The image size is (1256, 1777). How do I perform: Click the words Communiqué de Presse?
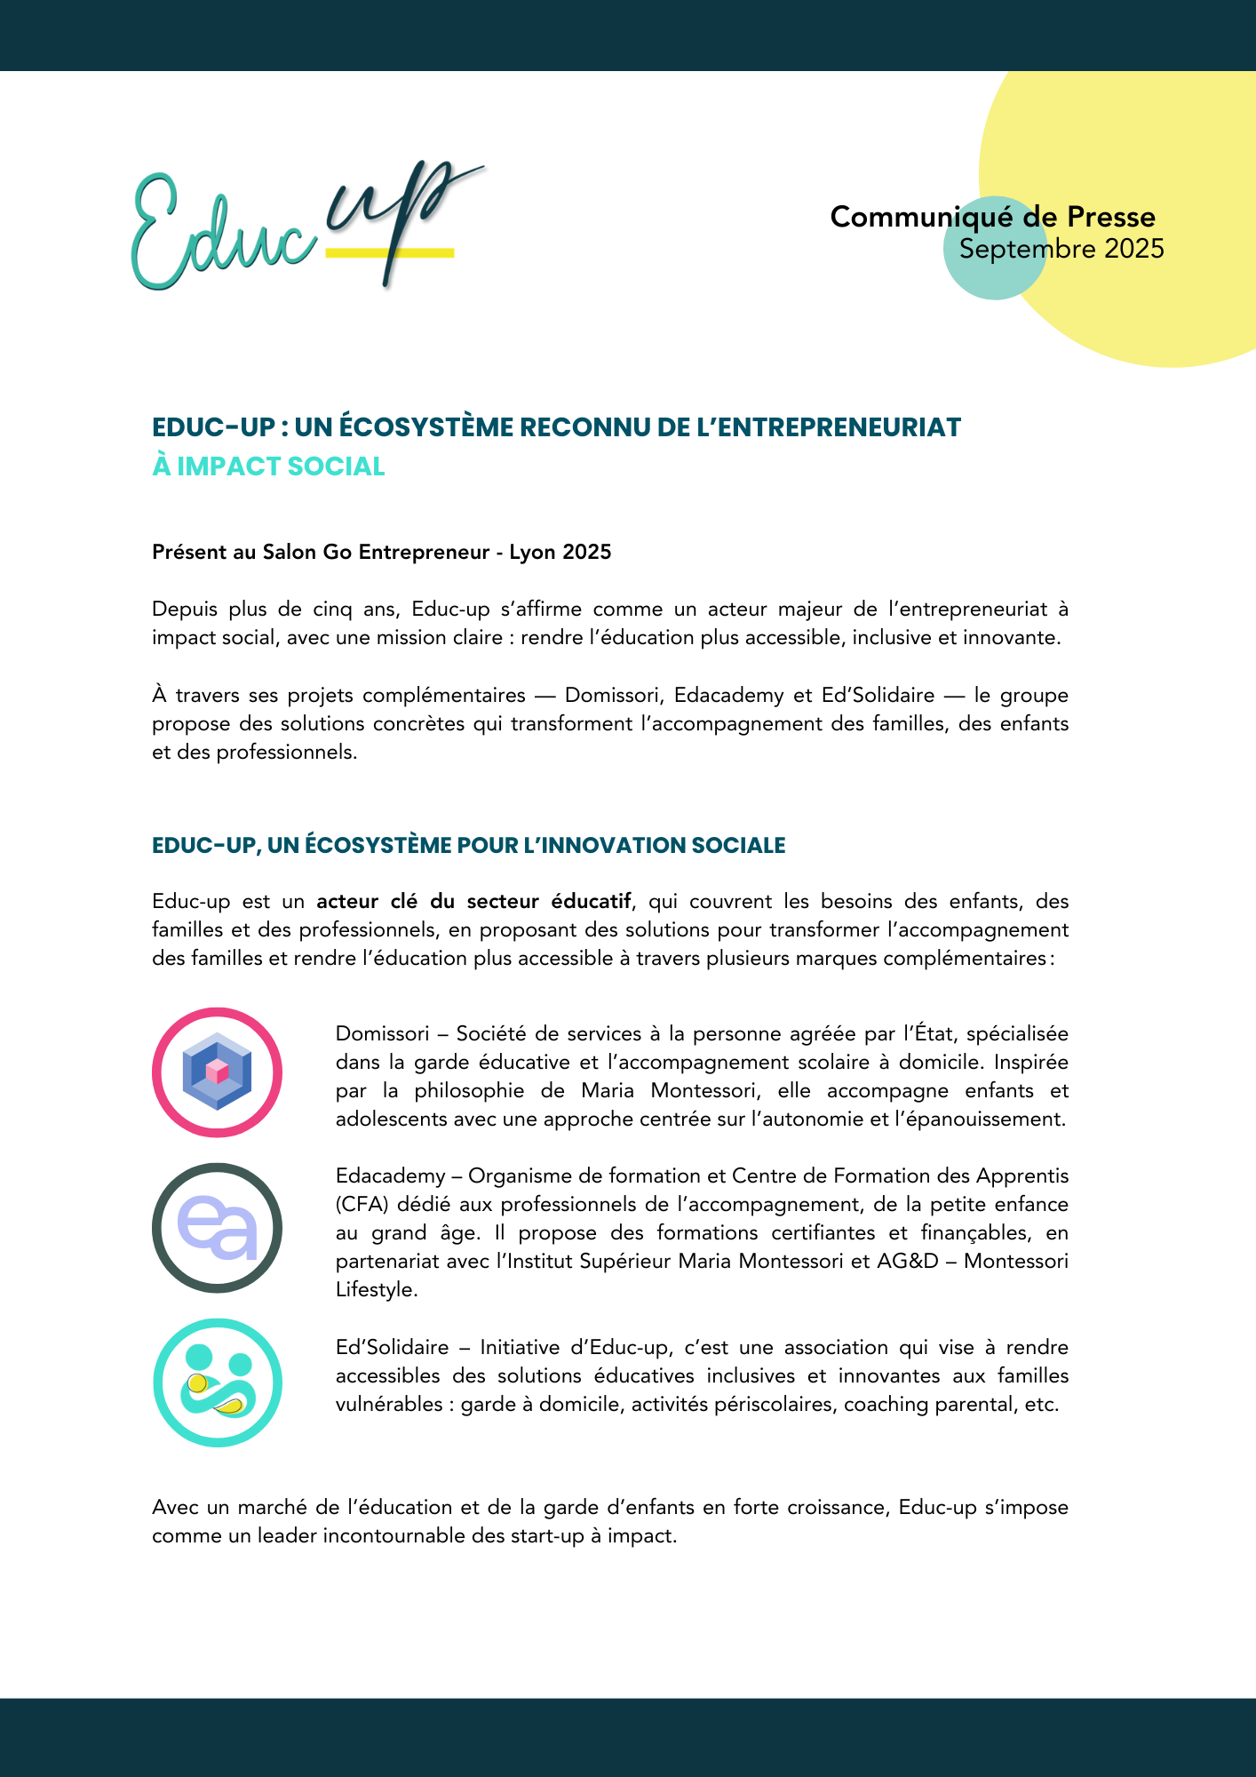tap(992, 217)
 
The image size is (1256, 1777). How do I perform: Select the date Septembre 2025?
tap(1061, 249)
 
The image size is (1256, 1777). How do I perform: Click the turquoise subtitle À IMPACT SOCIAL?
tap(268, 466)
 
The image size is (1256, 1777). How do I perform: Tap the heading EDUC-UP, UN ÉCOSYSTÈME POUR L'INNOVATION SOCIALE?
tap(468, 845)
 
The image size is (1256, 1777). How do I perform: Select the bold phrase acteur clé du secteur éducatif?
tap(473, 901)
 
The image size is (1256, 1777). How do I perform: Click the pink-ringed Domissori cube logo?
tap(217, 1072)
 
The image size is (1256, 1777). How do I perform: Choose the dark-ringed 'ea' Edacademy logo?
tap(217, 1228)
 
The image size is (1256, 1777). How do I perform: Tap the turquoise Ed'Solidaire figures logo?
tap(217, 1383)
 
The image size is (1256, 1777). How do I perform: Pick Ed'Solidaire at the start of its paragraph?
tap(392, 1347)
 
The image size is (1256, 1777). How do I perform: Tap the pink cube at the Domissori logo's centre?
tap(218, 1071)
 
